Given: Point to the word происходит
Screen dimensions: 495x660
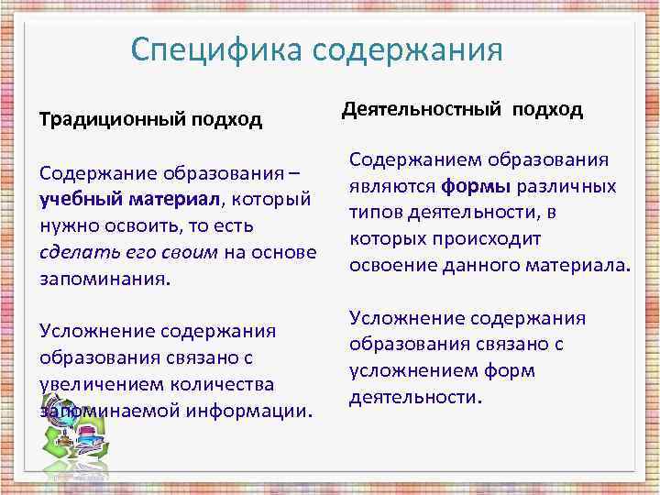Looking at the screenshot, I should (484, 239).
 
